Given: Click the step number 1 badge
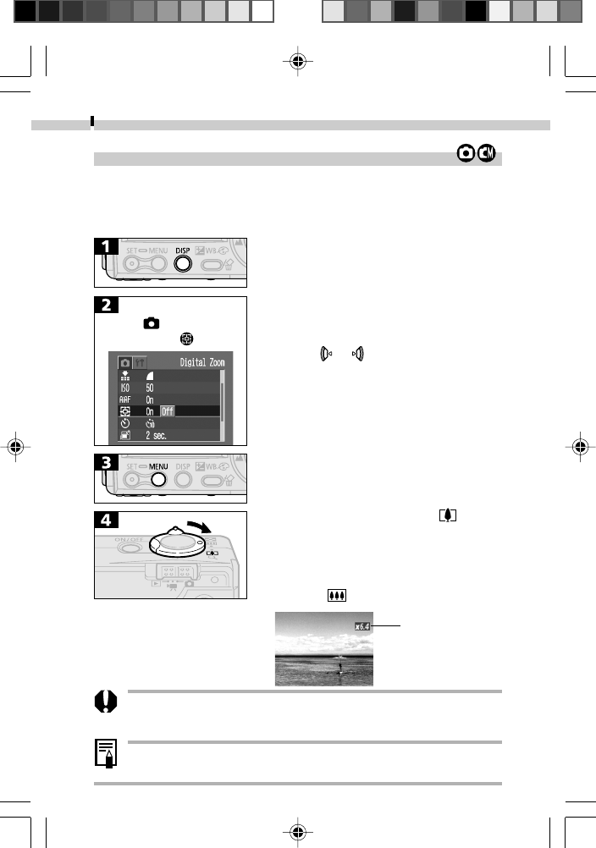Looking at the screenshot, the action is [107, 248].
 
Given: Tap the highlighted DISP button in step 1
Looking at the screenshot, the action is [182, 262].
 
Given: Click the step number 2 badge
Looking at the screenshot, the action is [107, 306].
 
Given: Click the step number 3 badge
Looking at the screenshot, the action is [107, 463].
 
